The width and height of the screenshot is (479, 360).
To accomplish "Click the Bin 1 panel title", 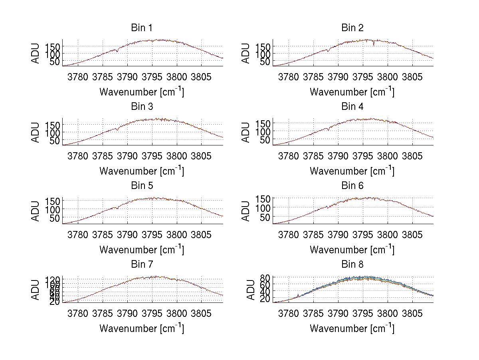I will (x=142, y=28).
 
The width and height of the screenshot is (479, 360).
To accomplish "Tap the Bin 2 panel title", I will (x=352, y=28).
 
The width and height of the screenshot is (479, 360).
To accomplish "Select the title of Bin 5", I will (x=142, y=186).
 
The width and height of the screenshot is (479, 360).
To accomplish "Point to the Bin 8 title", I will (x=352, y=265).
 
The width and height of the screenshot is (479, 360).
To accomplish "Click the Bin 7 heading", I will (x=142, y=265).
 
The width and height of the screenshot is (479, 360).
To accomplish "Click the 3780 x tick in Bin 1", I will (x=78, y=77).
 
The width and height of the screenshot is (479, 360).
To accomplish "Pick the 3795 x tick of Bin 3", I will (x=152, y=155).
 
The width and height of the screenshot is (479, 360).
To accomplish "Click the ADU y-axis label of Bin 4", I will (x=246, y=132).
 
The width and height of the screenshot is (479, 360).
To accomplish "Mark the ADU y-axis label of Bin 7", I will (x=36, y=290).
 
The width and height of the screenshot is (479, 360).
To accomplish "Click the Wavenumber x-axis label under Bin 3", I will (x=142, y=171).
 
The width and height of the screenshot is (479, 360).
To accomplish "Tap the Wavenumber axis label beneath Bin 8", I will (x=352, y=328).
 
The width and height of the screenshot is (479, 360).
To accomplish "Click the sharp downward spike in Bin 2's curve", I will (x=374, y=45).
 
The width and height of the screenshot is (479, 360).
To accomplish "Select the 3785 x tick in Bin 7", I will (x=103, y=313).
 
